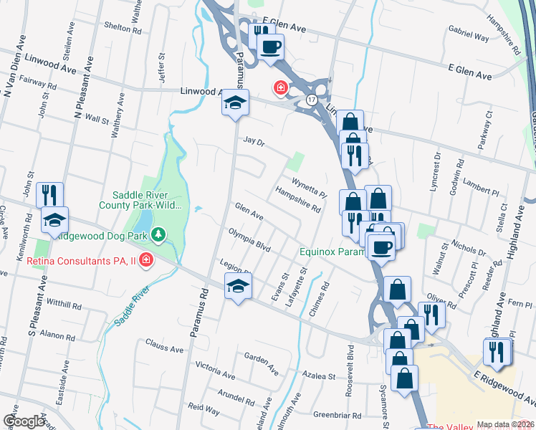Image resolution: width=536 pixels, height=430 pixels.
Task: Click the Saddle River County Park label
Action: tap(146, 200)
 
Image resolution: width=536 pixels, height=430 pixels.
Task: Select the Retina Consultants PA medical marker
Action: tap(146, 259)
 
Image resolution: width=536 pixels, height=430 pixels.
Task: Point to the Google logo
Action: tap(24, 421)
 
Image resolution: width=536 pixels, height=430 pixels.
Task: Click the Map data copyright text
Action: tap(506, 424)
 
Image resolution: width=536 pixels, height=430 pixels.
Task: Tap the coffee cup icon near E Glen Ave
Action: tap(270, 47)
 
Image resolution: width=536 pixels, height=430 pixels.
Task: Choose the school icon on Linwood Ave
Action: tap(235, 103)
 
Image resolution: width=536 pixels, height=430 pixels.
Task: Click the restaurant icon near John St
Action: tap(49, 195)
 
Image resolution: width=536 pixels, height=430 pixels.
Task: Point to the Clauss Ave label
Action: tap(165, 348)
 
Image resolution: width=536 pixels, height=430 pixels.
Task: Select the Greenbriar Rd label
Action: tap(335, 415)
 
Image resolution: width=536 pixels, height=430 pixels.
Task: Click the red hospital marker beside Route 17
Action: tap(280, 87)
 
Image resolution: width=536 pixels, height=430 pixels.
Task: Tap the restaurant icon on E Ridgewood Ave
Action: tap(497, 350)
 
